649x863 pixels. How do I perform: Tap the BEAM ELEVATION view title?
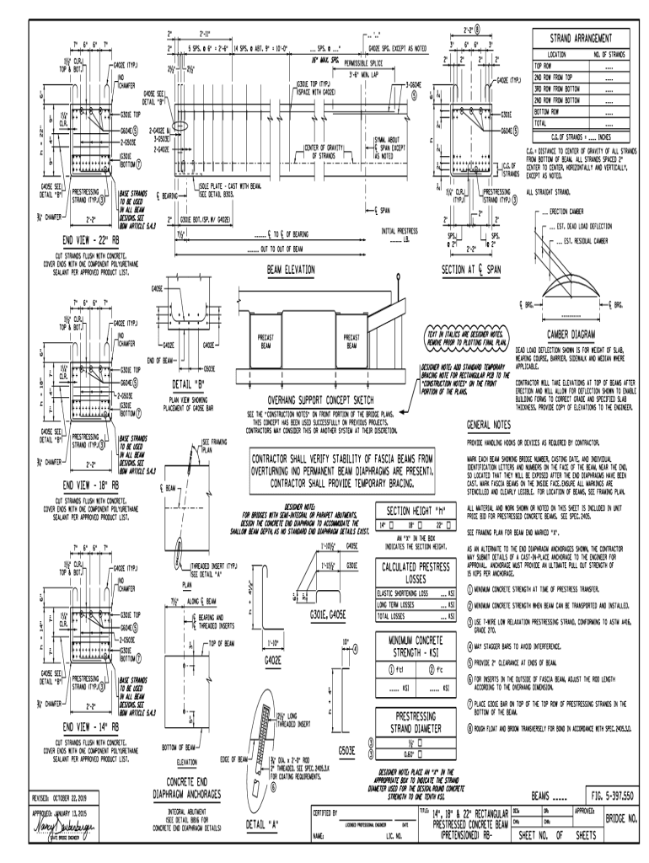coord(278,271)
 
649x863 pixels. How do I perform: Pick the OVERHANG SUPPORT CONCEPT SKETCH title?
coord(320,401)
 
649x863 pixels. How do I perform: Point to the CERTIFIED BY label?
coord(325,812)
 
